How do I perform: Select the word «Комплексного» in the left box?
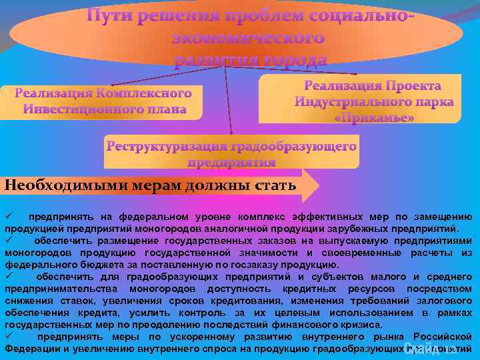pyautogui.click(x=143, y=93)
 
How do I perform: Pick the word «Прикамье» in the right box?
pyautogui.click(x=373, y=117)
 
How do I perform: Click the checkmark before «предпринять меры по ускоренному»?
pyautogui.click(x=9, y=337)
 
